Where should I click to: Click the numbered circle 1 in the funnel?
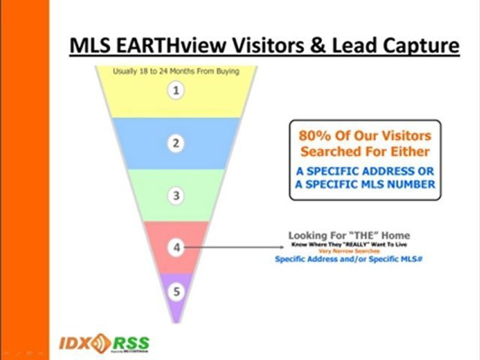(175, 91)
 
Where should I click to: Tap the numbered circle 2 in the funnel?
(175, 143)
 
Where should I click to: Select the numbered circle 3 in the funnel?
(175, 195)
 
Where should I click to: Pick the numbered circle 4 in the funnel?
(175, 247)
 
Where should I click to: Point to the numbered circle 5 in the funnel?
(175, 291)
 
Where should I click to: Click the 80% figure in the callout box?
(313, 135)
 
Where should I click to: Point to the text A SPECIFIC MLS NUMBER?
(365, 184)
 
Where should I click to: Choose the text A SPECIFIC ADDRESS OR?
(365, 171)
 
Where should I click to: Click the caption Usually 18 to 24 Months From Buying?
(176, 71)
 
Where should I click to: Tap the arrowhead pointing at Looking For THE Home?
(281, 247)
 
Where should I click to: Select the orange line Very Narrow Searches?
(349, 251)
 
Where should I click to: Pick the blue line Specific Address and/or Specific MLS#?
(349, 259)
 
